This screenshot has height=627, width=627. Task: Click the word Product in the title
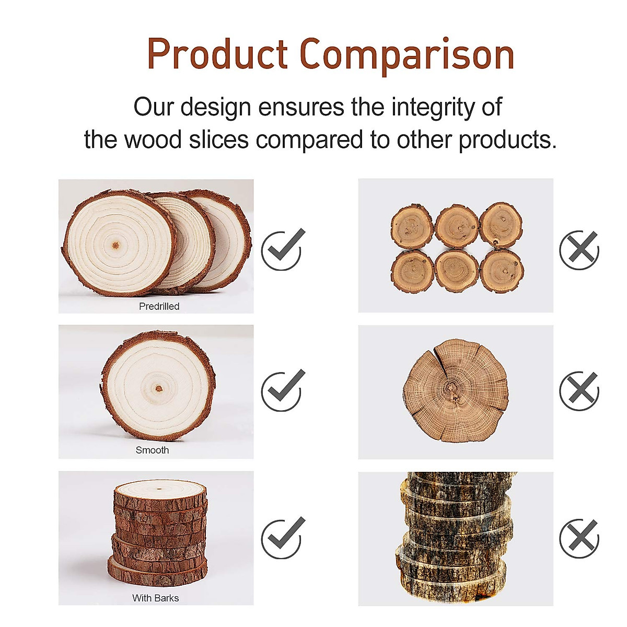[217, 54]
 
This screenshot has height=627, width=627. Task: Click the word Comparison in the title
[407, 55]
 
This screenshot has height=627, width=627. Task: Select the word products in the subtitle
[507, 140]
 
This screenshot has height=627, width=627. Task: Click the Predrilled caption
[159, 306]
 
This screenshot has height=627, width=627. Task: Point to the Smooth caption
[152, 450]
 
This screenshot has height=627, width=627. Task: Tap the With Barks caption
[155, 598]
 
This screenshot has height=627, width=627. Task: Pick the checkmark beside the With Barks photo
[282, 537]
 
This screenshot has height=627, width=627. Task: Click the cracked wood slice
[456, 391]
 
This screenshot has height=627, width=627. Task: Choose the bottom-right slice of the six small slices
[502, 271]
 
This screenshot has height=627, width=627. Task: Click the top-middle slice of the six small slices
[457, 226]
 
